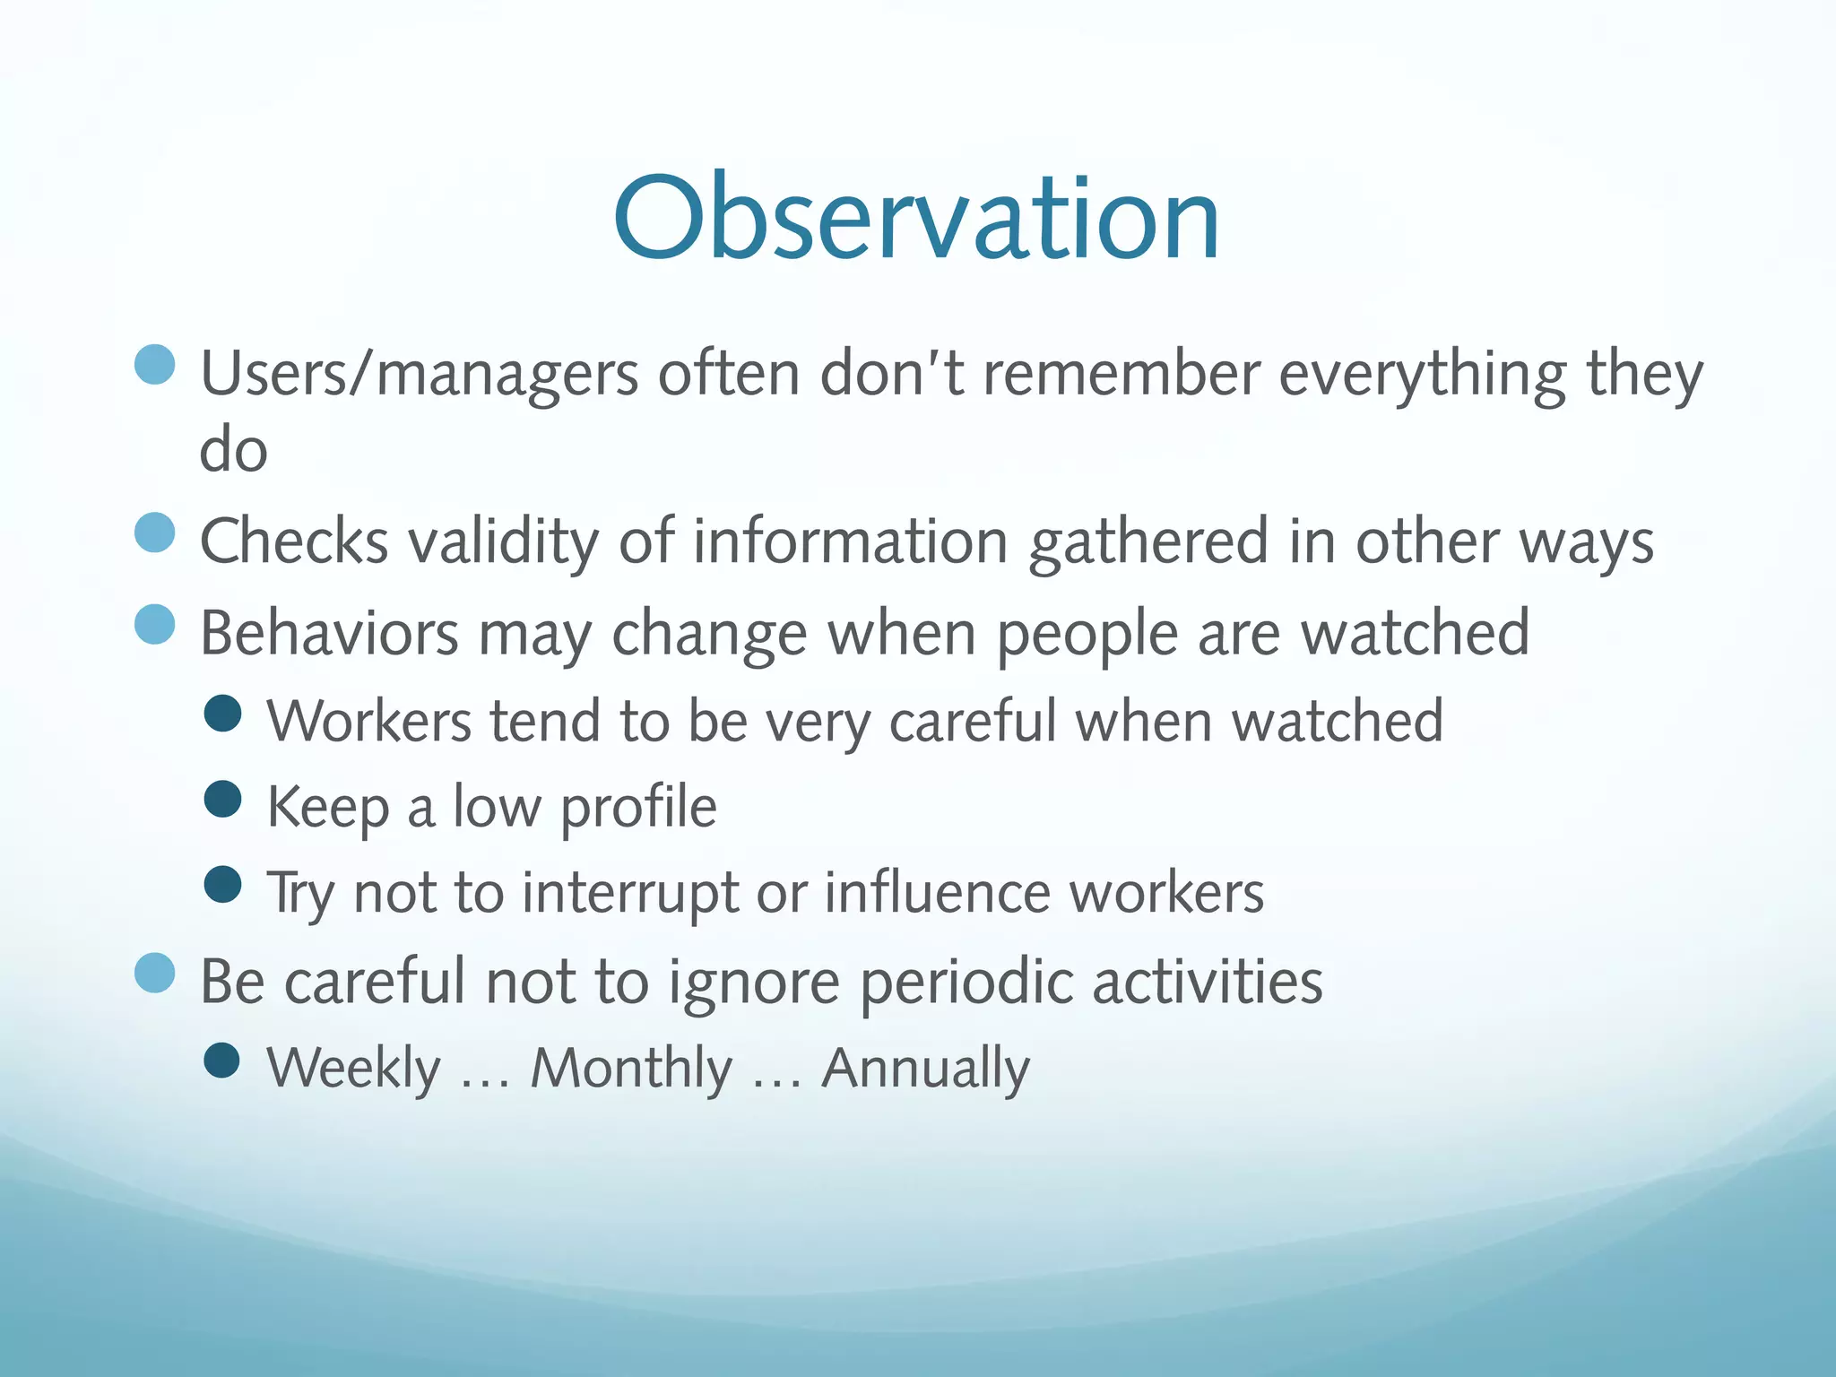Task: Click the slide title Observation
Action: [x=916, y=218]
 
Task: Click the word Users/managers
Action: [x=419, y=374]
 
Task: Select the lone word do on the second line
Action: [x=233, y=450]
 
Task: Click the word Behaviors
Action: [x=329, y=633]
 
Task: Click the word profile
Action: [x=638, y=808]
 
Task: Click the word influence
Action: [x=937, y=893]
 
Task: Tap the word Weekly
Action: [x=354, y=1069]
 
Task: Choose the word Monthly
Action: [x=631, y=1069]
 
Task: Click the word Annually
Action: [x=925, y=1069]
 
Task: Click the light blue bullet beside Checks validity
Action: [x=154, y=533]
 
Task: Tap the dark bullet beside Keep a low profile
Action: [x=223, y=799]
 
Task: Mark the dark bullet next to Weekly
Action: [x=222, y=1060]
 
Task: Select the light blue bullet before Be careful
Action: [x=154, y=973]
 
